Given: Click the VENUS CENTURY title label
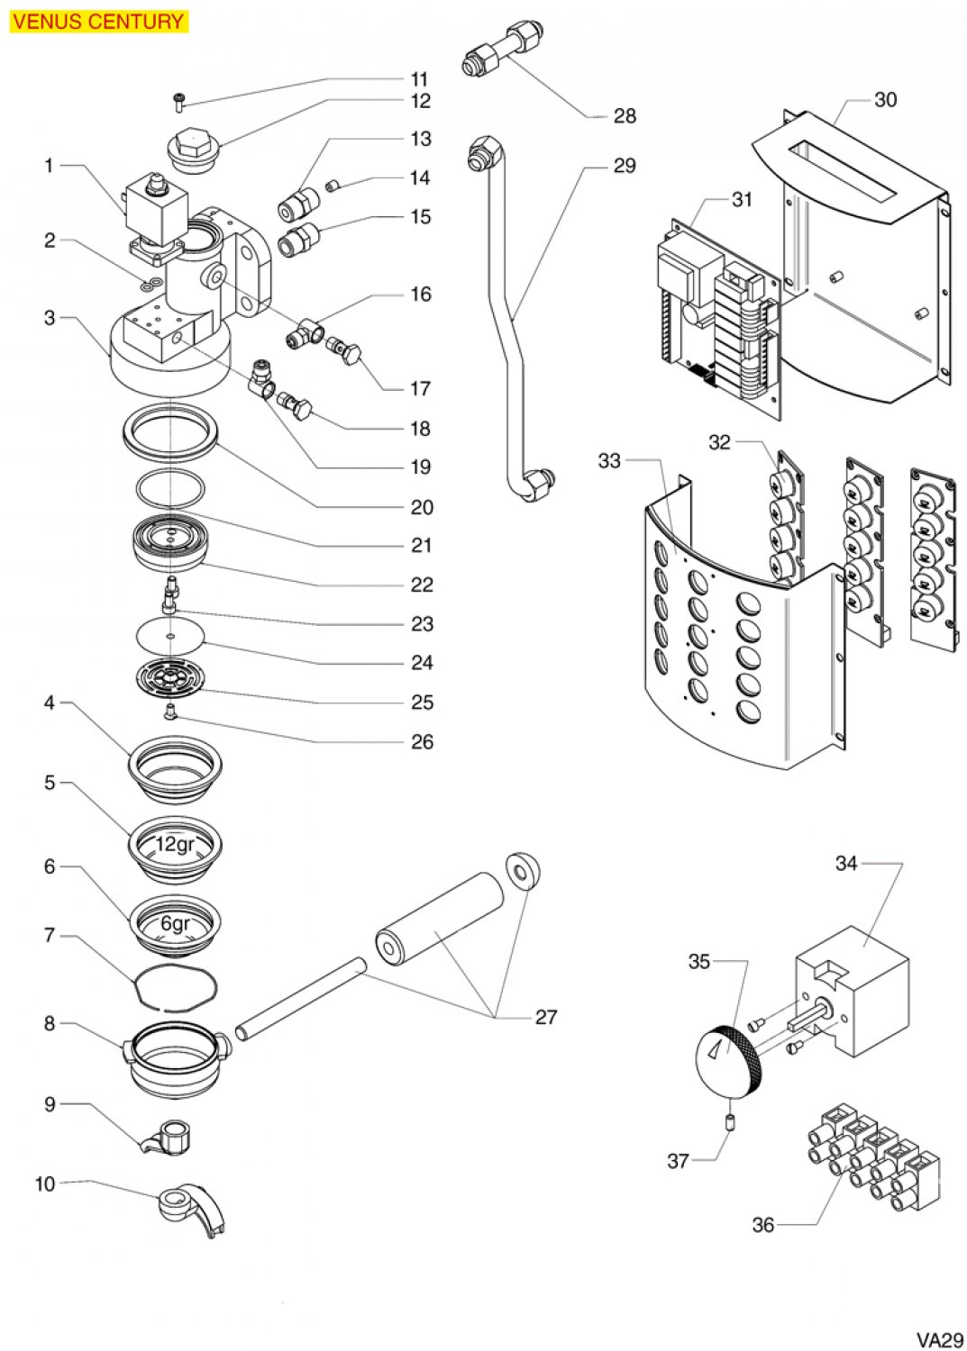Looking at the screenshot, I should pos(97,21).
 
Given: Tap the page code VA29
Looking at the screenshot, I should pos(940,1338).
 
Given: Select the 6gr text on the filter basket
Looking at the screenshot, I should pos(176,922).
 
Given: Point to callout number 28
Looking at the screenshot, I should pos(625,116).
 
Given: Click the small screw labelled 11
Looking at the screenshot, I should pos(178,103).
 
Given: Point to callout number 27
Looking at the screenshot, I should pos(546,1017).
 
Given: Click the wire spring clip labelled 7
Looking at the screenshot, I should pos(176,990).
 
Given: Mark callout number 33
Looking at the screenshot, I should pos(609,461).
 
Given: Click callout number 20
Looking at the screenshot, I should pos(422,507).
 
